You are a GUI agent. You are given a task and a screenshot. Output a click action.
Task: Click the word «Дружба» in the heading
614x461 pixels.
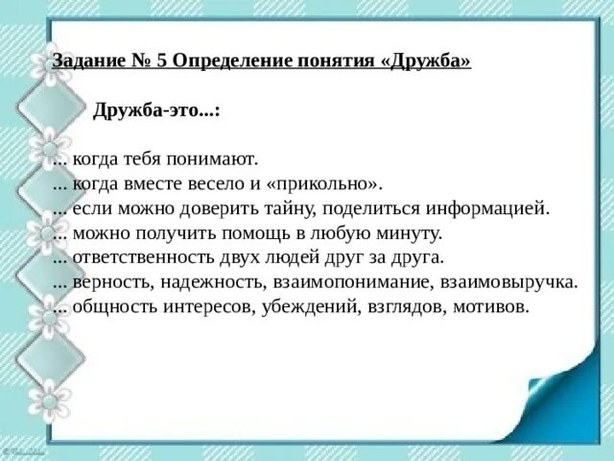(x=426, y=61)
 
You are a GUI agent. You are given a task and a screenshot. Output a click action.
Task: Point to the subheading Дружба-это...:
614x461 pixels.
(x=156, y=110)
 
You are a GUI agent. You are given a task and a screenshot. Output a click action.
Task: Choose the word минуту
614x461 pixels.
(x=408, y=233)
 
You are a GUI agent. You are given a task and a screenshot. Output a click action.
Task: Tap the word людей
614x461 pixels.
(x=294, y=258)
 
